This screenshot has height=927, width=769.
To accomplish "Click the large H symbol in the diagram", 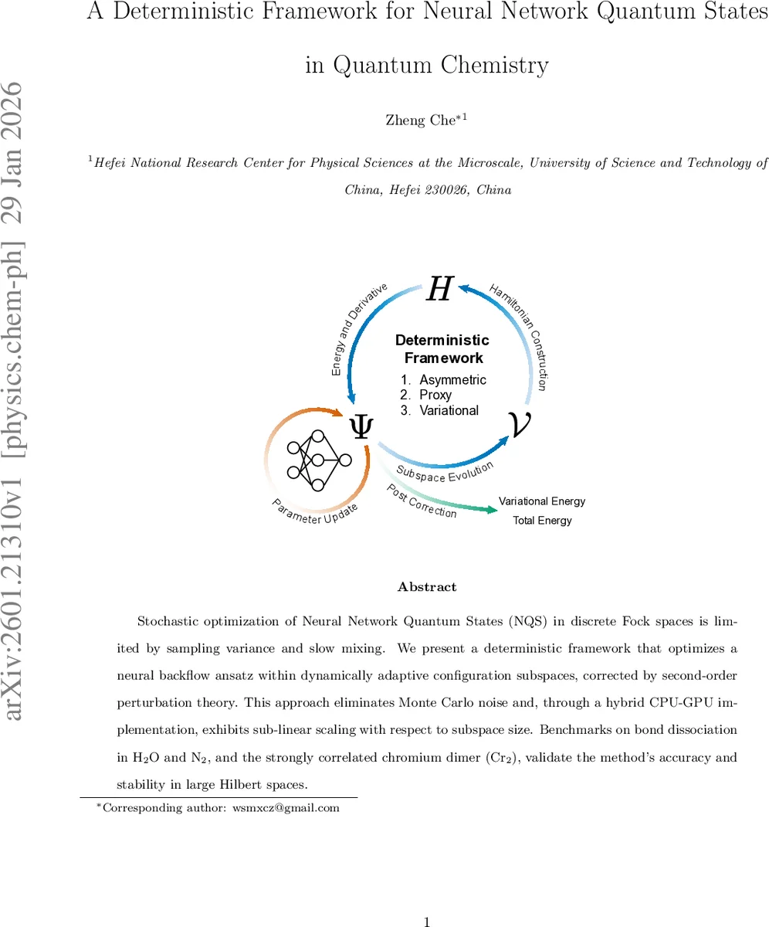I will coord(439,290).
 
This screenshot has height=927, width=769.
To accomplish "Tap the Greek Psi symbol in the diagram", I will coord(360,426).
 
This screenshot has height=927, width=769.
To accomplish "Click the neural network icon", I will coord(317,460).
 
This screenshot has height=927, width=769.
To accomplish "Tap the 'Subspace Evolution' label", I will coord(445,472).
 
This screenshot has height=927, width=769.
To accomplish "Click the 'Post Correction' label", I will coord(422,501).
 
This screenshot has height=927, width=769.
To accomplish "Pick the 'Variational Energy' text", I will coord(542,501).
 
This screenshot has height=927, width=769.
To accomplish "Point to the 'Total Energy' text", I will coord(542,521).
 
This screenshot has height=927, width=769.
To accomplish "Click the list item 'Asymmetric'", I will coord(452,379).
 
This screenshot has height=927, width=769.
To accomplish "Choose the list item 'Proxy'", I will coord(435,395).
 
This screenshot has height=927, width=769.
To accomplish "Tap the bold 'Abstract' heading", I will coord(427,587).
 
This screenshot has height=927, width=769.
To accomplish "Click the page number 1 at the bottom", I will coord(427,921).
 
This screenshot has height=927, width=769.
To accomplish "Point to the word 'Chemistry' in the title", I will coord(495,66).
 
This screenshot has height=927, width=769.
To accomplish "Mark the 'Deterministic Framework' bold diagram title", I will coord(442,348).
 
